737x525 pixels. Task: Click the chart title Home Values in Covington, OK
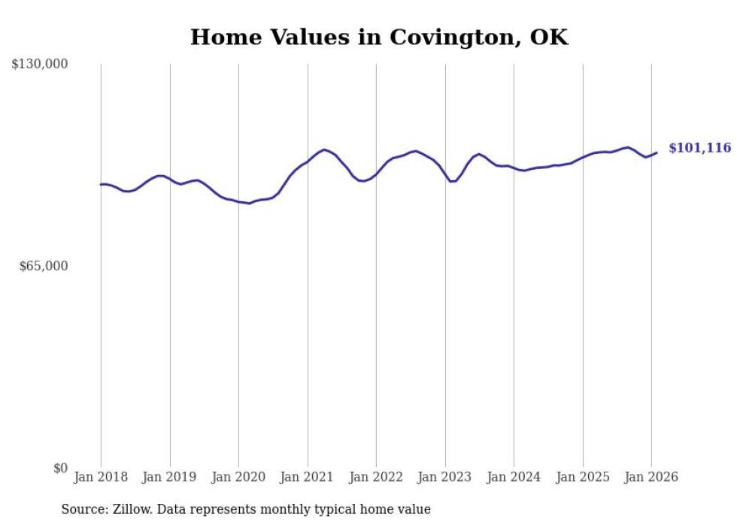tap(379, 38)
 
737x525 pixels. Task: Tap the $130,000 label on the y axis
tap(40, 65)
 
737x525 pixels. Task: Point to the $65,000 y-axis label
tap(43, 266)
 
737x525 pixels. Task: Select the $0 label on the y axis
tap(60, 468)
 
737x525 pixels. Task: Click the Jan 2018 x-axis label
tap(101, 477)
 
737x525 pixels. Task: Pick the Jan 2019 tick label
tap(170, 477)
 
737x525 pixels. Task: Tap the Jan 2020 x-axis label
tap(238, 477)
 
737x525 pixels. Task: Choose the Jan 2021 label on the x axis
tap(308, 477)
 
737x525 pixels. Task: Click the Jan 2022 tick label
tap(376, 477)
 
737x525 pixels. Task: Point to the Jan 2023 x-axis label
tap(445, 477)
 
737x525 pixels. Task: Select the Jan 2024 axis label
tap(514, 477)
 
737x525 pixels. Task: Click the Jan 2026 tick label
tap(651, 477)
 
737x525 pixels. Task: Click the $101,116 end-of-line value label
tap(699, 148)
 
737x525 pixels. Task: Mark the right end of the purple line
tap(657, 153)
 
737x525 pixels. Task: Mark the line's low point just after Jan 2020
tap(250, 204)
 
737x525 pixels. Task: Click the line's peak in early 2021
tap(324, 149)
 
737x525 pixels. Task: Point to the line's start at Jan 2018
tap(101, 184)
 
